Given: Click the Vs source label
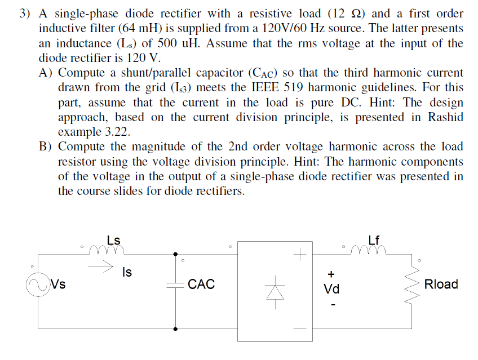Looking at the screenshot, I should (x=57, y=284).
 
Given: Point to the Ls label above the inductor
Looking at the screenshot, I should (x=113, y=239).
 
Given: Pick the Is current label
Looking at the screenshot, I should (x=127, y=273).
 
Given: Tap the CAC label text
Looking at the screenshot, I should (x=201, y=284).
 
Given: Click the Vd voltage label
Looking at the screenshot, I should (x=331, y=290).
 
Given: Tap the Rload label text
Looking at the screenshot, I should (x=441, y=284).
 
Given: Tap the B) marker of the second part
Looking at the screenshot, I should (x=46, y=146).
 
